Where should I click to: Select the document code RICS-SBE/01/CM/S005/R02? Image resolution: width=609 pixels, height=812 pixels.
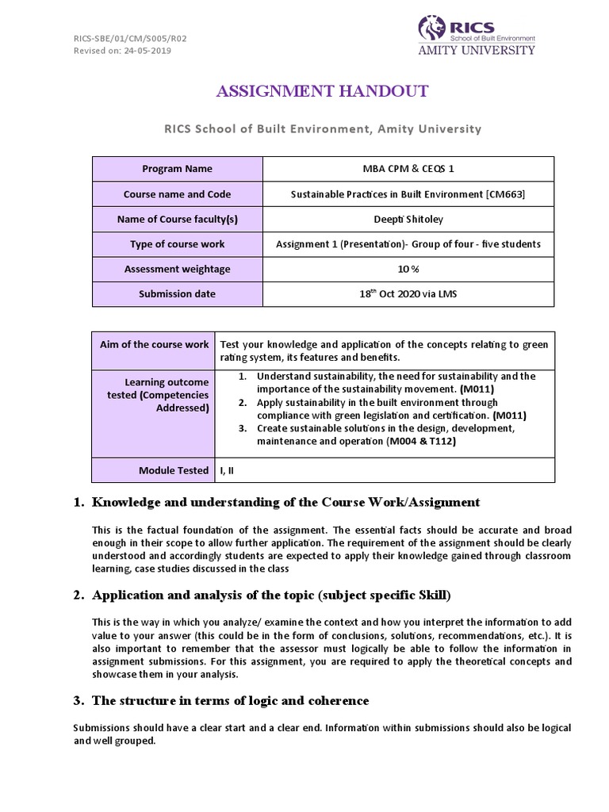pos(120,38)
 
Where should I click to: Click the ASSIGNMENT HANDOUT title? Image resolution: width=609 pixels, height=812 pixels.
pos(323,91)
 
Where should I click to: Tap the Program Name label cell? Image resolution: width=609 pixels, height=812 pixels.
pos(177,169)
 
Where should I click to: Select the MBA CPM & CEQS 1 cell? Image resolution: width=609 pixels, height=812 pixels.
pos(408,169)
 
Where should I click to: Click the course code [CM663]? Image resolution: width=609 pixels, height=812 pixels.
pos(507,194)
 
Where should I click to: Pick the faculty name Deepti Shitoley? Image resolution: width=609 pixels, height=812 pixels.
pos(408,219)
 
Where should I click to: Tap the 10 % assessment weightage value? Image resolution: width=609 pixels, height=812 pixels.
pos(408,269)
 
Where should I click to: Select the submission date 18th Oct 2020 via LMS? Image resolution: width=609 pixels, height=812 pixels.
pos(408,293)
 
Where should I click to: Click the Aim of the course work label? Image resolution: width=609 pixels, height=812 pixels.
pos(155,344)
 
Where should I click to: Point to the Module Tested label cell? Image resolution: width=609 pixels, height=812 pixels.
pos(174,470)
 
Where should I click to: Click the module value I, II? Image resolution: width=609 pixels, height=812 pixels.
pos(228,470)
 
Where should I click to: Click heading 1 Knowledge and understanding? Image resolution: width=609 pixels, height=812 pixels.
pos(285,502)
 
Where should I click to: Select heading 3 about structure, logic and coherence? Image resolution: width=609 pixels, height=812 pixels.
pos(230,700)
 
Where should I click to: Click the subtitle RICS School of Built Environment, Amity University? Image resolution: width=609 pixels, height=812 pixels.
pos(322,128)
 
